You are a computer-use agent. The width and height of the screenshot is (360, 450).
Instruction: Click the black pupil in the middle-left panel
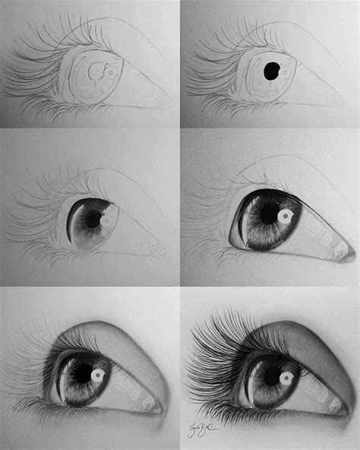tap(93, 218)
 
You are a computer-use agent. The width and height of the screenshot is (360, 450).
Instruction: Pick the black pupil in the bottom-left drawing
tap(83, 371)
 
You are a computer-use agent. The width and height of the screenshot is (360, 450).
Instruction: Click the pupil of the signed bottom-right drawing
tap(271, 375)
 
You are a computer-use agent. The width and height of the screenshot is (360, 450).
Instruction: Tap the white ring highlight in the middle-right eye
tap(286, 217)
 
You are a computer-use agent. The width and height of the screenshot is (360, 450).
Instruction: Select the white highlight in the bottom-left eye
tap(98, 375)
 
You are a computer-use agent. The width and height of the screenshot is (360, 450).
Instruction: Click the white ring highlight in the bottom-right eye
tap(286, 377)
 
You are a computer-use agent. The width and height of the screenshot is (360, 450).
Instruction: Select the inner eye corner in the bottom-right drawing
tap(346, 411)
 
